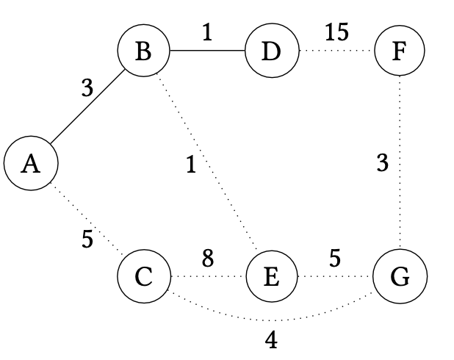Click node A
(x=30, y=164)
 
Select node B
(x=143, y=51)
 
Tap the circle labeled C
(x=143, y=277)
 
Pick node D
(x=272, y=51)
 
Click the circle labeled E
(x=272, y=277)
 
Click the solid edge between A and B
(x=87, y=108)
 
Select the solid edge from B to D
(x=207, y=51)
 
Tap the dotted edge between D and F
(x=336, y=51)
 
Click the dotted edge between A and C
(x=87, y=220)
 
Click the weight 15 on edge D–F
(x=336, y=33)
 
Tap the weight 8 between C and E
(x=208, y=259)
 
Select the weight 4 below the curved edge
(x=272, y=341)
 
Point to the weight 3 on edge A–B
(x=87, y=89)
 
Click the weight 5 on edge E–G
(x=336, y=259)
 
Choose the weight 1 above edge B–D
(x=208, y=33)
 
